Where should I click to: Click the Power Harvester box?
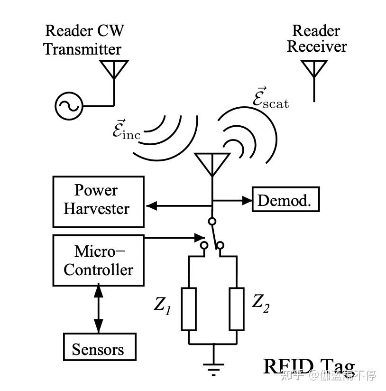coord(98,202)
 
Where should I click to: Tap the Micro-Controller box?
coord(98,261)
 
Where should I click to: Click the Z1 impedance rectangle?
coord(189,309)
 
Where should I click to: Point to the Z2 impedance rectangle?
coord(237,309)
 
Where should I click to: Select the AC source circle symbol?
coord(68,106)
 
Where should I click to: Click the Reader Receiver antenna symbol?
coord(314,69)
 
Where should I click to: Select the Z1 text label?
coord(162,305)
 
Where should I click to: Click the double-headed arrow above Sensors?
coord(98,308)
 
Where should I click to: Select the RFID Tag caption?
coord(309,367)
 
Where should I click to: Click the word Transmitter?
coord(83,49)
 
